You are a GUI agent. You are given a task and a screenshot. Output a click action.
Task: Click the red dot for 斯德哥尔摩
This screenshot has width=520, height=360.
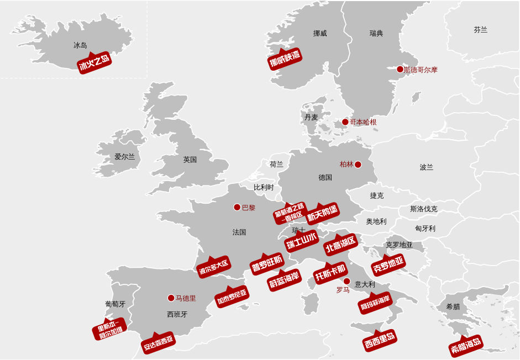point(400,70)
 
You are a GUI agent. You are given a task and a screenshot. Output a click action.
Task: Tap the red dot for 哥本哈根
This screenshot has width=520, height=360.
point(345,122)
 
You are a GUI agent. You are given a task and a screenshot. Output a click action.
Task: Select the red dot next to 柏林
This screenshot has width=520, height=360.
point(358,165)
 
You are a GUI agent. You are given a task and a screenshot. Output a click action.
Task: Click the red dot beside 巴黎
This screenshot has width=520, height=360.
point(237,208)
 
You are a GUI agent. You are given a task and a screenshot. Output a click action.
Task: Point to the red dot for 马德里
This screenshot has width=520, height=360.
point(171,298)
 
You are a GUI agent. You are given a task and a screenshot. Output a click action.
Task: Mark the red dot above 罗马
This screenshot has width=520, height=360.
point(346,281)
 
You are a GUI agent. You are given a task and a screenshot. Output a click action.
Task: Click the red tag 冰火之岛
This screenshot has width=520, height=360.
point(94,63)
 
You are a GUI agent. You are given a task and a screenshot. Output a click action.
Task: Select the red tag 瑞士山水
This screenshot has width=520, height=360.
point(302,241)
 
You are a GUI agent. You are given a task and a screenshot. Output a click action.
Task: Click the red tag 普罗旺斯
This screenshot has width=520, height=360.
point(267,263)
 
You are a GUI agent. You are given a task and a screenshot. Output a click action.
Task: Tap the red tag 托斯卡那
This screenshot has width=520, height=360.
point(330,273)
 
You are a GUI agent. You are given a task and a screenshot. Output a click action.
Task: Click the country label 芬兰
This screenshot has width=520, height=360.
point(481,30)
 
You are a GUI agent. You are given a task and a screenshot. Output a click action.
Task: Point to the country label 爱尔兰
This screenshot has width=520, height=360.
point(125,157)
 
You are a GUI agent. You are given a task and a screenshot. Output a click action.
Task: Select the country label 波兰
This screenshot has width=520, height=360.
point(427,167)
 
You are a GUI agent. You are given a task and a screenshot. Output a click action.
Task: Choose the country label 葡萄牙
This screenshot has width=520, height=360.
point(115,304)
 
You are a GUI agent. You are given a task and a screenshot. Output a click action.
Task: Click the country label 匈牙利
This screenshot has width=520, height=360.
point(425,229)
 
